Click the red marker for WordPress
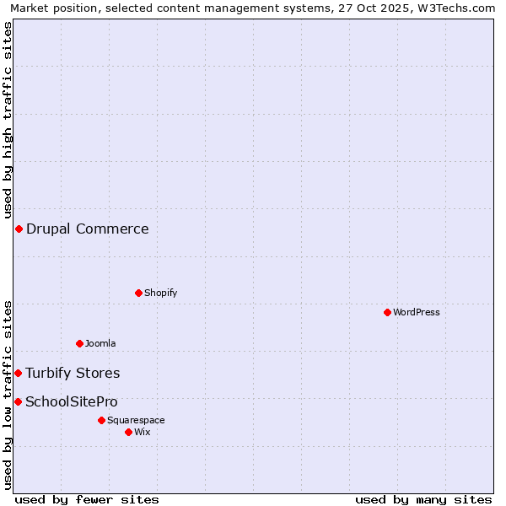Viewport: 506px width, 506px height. (x=387, y=312)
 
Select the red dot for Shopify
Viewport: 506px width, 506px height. (x=138, y=293)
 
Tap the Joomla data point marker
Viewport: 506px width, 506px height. (x=79, y=343)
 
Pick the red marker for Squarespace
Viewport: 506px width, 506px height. (x=101, y=420)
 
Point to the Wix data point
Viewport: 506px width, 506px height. (x=128, y=432)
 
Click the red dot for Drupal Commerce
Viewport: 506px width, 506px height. (x=19, y=229)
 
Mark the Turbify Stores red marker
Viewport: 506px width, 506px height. (x=18, y=373)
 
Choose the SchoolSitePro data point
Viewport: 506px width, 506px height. (x=18, y=401)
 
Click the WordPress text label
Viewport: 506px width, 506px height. (x=417, y=312)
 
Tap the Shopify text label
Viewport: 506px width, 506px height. (x=160, y=293)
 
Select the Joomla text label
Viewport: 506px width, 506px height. (x=100, y=343)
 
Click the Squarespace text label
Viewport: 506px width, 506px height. (x=136, y=420)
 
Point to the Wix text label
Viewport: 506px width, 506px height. (x=143, y=432)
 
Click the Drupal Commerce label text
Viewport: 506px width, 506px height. (x=88, y=229)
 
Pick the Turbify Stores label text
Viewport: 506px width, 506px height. (x=73, y=373)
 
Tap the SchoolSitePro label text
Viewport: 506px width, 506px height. (x=72, y=401)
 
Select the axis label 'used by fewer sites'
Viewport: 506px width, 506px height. (x=87, y=499)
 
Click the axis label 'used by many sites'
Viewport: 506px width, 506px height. (x=423, y=499)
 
